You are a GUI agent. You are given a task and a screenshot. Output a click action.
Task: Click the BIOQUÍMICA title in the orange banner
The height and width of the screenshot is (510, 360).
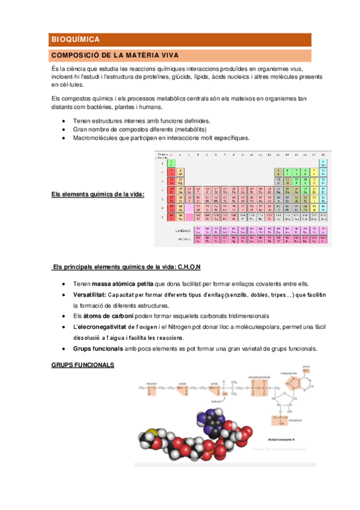(75, 39)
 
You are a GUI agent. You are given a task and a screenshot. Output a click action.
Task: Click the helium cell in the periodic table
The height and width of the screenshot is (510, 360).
(323, 162)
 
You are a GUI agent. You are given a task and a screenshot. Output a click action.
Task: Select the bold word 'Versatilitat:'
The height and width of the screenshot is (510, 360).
(90, 295)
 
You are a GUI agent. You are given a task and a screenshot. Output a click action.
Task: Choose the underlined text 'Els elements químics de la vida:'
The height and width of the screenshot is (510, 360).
(93, 194)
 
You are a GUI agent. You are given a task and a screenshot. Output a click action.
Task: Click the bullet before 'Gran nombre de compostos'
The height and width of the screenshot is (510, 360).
(64, 129)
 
